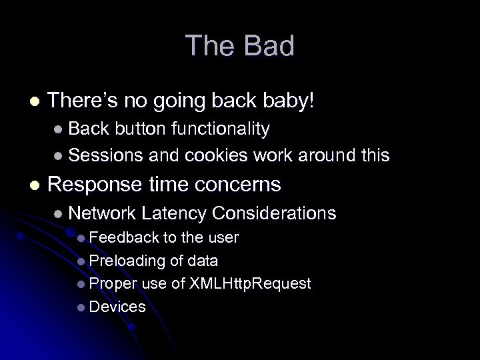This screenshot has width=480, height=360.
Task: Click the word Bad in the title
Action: (269, 47)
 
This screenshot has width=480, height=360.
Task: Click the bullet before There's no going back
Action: (34, 102)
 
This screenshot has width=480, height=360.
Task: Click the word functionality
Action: (220, 129)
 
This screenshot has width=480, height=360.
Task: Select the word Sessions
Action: (105, 156)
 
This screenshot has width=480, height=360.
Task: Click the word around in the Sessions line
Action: (323, 156)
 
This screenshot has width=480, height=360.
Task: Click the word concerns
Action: (237, 184)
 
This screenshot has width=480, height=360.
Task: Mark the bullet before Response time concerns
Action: (34, 185)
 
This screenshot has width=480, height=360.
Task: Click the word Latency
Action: (175, 213)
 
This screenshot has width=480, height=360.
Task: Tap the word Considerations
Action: (274, 213)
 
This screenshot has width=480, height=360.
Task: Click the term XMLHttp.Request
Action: (250, 284)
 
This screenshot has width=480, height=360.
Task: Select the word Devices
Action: (117, 307)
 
